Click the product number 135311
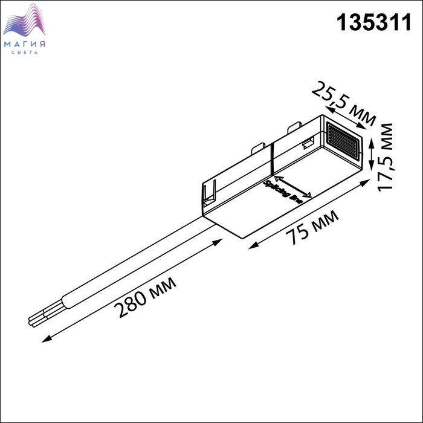pos(374,23)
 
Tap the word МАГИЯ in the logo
pos(25,44)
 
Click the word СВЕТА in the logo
pos(25,53)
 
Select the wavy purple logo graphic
pos(24,21)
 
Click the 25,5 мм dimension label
pos(344,103)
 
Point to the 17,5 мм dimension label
pos(385,157)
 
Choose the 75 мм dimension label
pos(312,227)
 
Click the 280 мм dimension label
pos(145,297)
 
